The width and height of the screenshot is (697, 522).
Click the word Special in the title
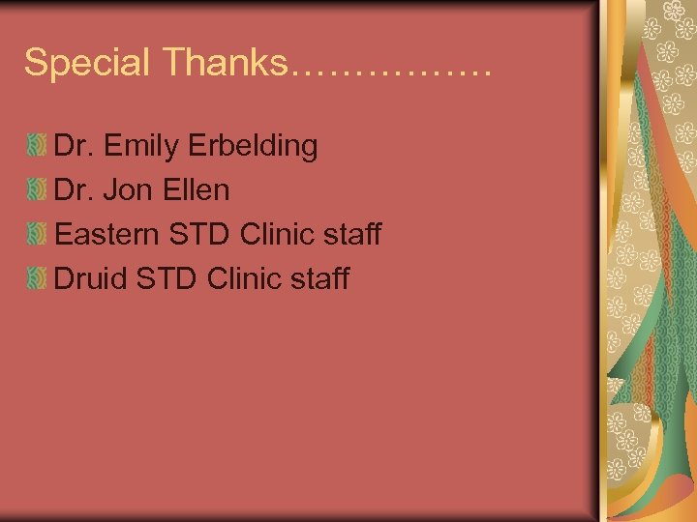point(88,64)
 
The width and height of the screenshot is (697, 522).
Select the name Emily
point(139,147)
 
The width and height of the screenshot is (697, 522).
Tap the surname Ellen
point(197,190)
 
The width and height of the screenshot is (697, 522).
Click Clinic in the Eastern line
point(277,234)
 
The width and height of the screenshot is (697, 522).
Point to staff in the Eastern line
point(352,234)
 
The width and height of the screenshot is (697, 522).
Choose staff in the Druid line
point(320,278)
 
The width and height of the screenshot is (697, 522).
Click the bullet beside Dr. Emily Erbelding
point(37,147)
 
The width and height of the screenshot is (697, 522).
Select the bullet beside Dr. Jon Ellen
point(37,190)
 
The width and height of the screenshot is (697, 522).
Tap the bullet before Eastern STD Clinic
point(37,234)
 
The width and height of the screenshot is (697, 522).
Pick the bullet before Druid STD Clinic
point(37,278)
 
